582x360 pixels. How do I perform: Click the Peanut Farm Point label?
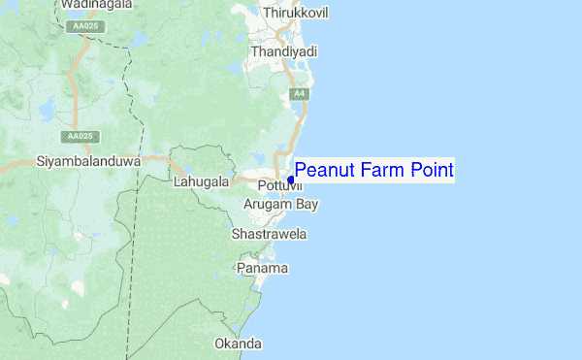click(x=373, y=171)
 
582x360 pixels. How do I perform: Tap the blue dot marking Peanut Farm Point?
click(x=291, y=180)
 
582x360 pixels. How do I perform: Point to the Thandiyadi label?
click(x=284, y=50)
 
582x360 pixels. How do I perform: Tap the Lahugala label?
click(x=201, y=181)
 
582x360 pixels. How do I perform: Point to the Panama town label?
click(x=263, y=268)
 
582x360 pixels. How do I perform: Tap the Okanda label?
click(x=239, y=344)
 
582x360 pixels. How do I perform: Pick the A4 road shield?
click(x=300, y=93)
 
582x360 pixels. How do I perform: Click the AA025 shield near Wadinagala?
click(x=85, y=26)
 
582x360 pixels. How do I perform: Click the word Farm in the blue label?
click(x=382, y=171)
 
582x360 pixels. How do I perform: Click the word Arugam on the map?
click(x=267, y=205)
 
